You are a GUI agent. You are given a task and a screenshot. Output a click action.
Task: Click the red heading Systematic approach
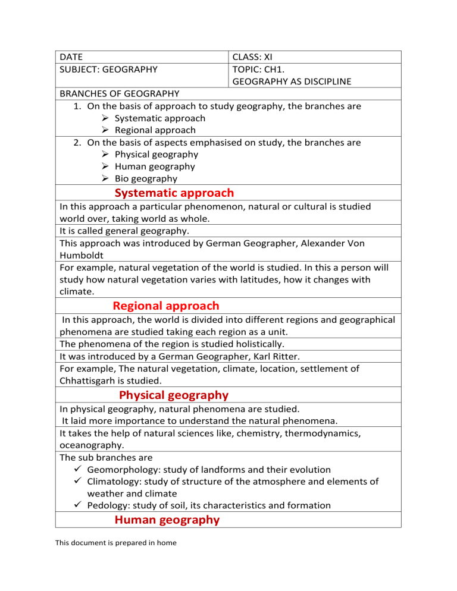(x=174, y=193)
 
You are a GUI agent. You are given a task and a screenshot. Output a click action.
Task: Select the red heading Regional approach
(x=165, y=306)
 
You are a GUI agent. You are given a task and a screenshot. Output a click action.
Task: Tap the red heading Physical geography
(x=173, y=395)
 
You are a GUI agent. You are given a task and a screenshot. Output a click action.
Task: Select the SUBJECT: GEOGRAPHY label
(x=109, y=69)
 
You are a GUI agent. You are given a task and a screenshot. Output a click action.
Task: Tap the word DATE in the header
(x=71, y=58)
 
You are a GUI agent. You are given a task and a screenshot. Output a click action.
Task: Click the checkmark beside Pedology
(x=74, y=505)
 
